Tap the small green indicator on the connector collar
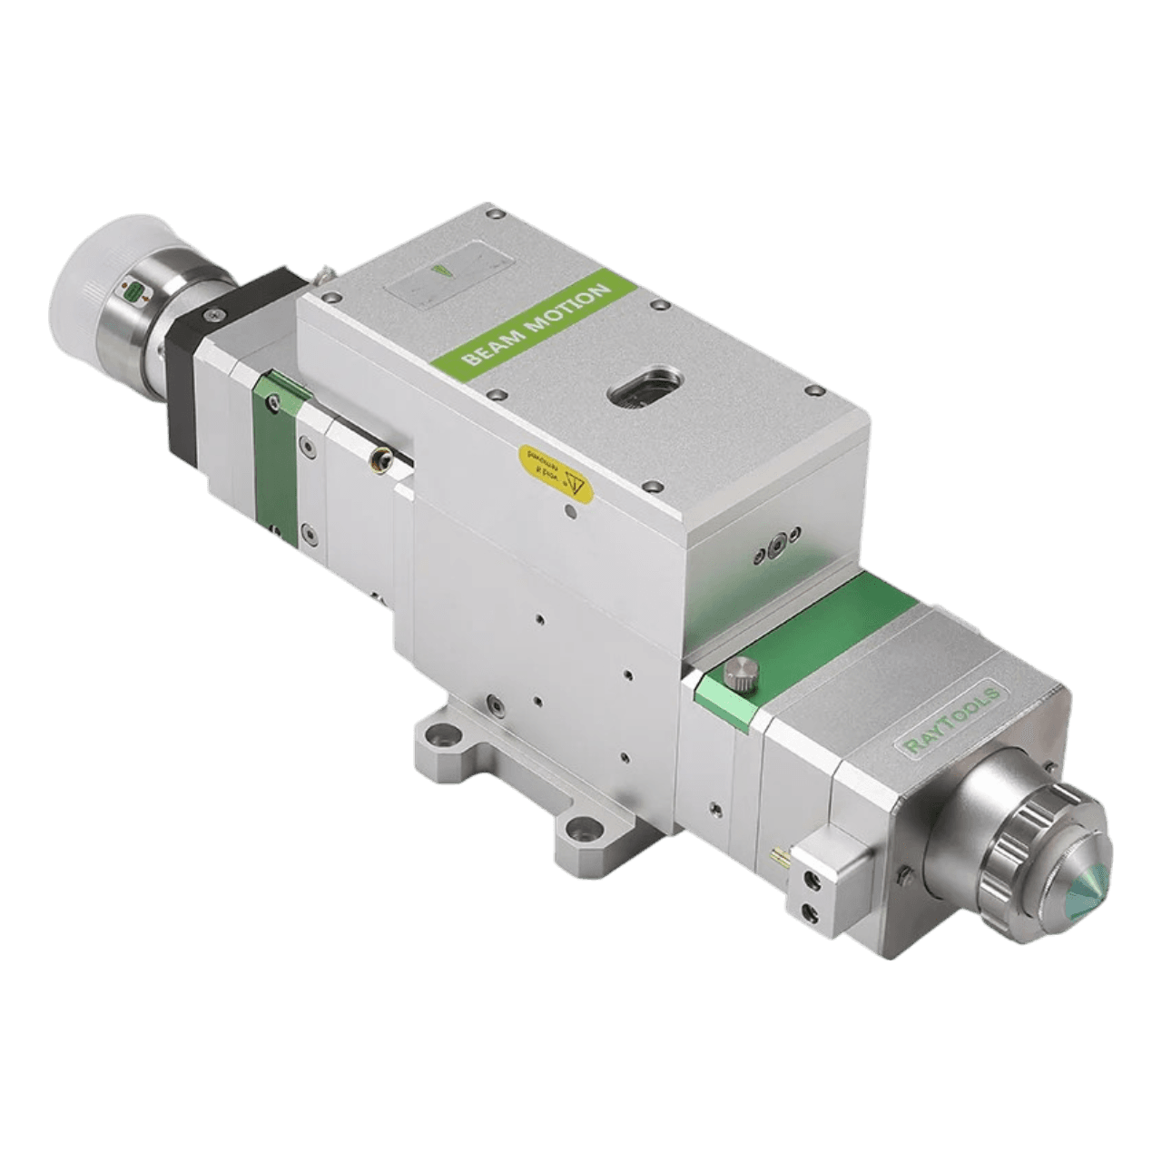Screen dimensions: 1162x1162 (134, 290)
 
